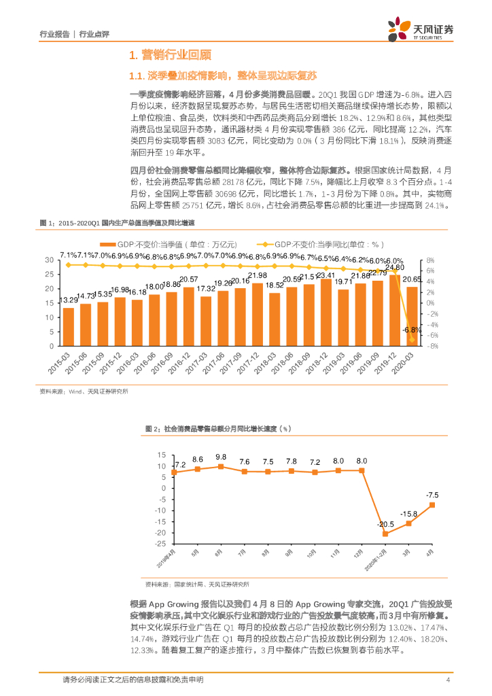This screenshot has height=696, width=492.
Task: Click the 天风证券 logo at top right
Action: coord(419,30)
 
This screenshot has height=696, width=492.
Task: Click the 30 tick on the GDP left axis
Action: coord(49,260)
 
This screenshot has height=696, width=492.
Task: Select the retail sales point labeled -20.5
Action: coord(385,534)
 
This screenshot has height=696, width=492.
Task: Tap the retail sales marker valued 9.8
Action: coord(221,466)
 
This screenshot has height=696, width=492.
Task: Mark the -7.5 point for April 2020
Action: coord(432,505)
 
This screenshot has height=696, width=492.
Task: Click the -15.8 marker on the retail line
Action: coord(408,523)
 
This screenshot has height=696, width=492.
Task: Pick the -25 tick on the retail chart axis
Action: coord(160,543)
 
